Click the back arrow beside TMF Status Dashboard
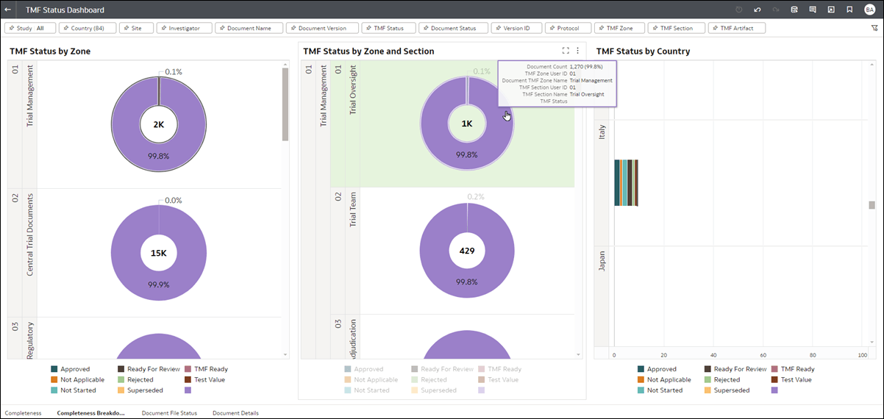[x=7, y=10]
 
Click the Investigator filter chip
[x=184, y=28]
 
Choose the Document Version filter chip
[x=322, y=28]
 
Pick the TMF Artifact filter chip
[x=737, y=28]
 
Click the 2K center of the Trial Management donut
[x=159, y=125]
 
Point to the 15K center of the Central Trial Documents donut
[x=159, y=253]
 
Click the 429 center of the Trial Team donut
[x=467, y=251]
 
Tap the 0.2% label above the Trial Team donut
[x=476, y=197]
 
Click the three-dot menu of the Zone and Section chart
[x=578, y=51]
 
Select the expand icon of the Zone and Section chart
[x=565, y=51]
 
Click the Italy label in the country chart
[x=602, y=132]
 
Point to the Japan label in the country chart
[x=602, y=262]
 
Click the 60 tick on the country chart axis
[x=763, y=355]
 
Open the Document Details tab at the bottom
[x=235, y=413]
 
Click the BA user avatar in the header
[x=870, y=10]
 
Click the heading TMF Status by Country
[x=643, y=51]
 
